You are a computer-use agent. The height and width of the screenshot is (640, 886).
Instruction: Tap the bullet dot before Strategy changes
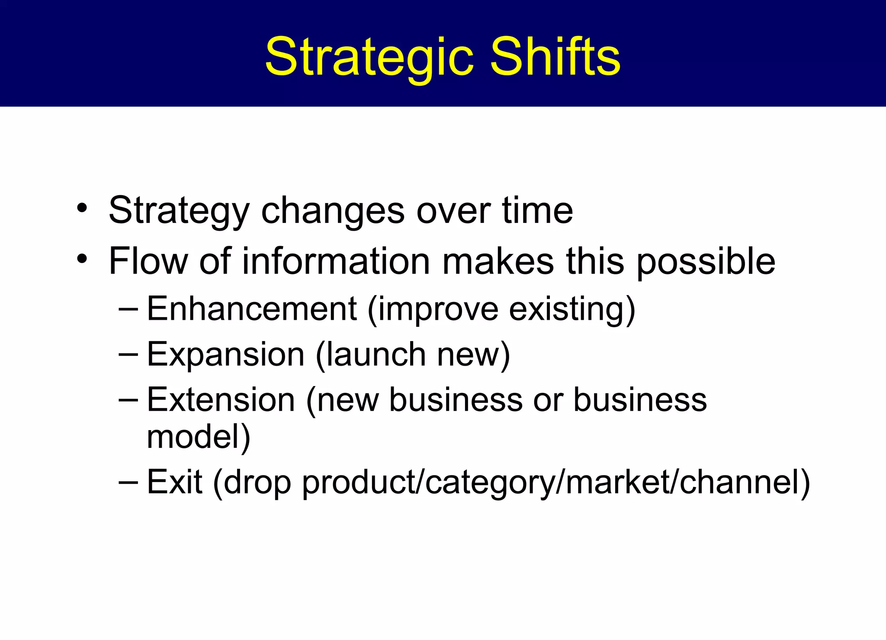click(x=82, y=208)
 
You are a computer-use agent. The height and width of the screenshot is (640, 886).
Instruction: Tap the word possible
click(x=706, y=262)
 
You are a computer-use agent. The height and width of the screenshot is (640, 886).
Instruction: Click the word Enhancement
click(x=252, y=309)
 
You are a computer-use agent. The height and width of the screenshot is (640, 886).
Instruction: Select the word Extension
click(x=221, y=400)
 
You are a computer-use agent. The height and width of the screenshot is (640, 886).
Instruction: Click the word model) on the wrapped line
click(x=199, y=437)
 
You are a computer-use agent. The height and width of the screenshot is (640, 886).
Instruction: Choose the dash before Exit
click(x=128, y=482)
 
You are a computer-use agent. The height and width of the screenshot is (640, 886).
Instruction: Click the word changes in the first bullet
click(x=333, y=211)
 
